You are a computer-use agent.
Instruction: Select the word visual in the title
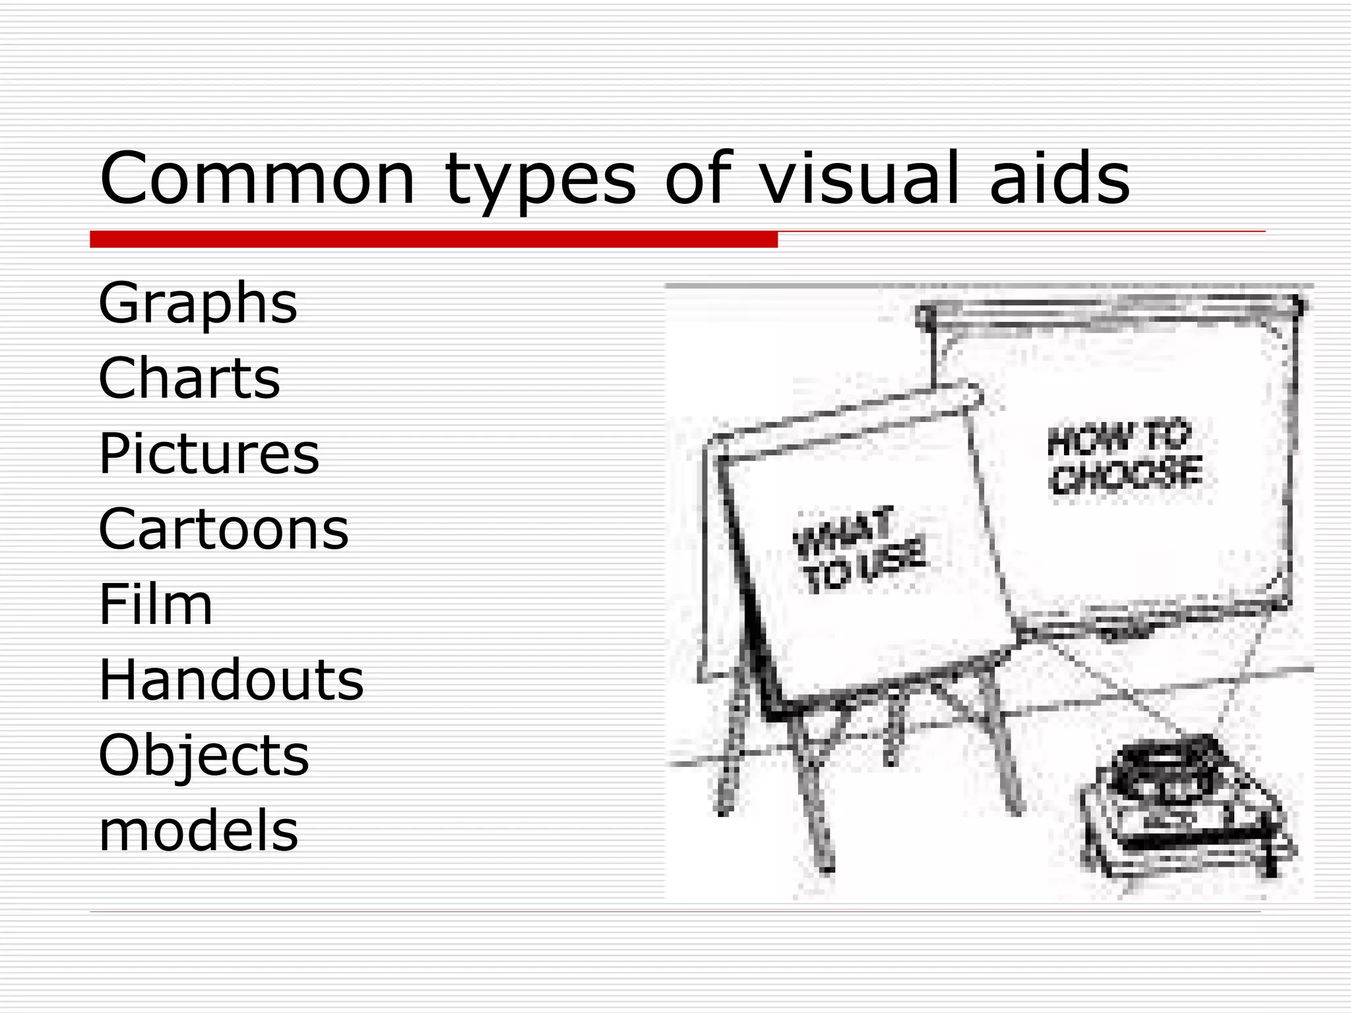[859, 178]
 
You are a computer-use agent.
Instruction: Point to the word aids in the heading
[1059, 178]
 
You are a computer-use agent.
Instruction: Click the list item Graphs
[198, 303]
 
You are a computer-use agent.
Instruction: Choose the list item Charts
[189, 379]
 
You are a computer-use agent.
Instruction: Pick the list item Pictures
[208, 454]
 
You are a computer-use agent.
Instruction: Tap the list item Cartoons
[223, 529]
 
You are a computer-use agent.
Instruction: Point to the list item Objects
[203, 756]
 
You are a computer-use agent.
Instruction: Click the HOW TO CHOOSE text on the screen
[1125, 458]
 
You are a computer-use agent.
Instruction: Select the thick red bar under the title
[433, 239]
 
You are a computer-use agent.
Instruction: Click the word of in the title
[698, 178]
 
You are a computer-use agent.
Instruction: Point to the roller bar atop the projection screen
[1108, 310]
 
